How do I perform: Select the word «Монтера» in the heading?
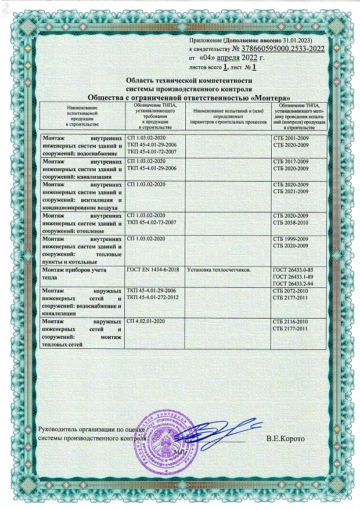point(269,98)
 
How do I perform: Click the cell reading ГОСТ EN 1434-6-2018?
point(152,270)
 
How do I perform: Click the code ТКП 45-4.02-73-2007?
point(153,222)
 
